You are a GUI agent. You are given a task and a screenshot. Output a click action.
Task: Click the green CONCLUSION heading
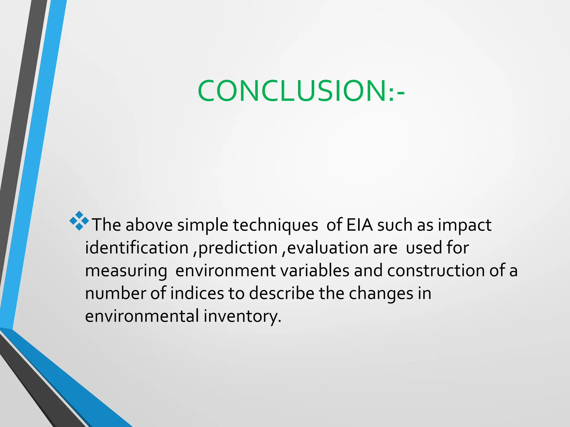301,91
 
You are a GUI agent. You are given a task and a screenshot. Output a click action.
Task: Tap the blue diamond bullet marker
79,221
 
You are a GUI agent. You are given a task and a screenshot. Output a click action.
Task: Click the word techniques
275,225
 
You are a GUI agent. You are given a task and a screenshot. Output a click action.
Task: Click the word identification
137,248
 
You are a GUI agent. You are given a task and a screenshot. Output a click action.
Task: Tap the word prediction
238,248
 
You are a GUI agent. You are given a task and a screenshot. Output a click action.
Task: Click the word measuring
126,271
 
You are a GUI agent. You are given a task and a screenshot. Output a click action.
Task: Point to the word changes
381,294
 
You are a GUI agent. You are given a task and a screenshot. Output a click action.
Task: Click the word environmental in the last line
142,316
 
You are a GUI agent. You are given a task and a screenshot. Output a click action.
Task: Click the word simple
202,225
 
